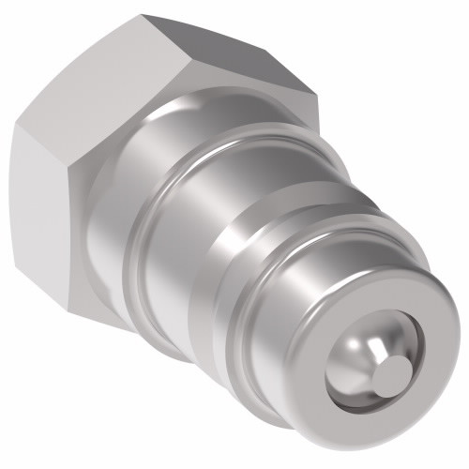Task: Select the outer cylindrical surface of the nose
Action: tap(310, 310)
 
